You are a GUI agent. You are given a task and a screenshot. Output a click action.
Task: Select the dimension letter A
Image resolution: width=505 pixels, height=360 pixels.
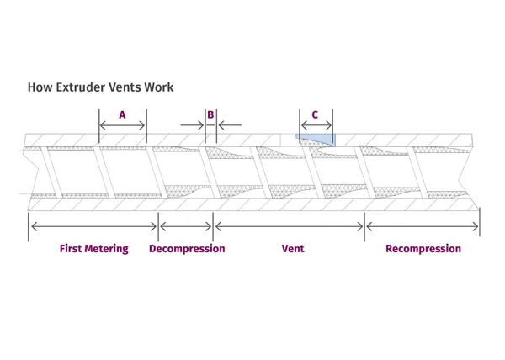point(122,115)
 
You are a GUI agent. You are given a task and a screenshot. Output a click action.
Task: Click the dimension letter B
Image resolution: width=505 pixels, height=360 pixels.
point(210,115)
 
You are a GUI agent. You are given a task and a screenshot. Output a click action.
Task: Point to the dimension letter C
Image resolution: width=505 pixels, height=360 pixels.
point(315,115)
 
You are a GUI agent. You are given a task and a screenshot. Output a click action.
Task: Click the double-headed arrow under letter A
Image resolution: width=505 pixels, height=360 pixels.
point(122,125)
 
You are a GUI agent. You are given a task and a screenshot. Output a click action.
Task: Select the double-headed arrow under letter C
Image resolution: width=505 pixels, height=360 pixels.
point(316,125)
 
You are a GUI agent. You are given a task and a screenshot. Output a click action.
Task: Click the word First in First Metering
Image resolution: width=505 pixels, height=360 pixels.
point(71,249)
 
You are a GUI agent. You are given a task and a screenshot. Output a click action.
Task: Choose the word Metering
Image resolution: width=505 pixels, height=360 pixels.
point(107,249)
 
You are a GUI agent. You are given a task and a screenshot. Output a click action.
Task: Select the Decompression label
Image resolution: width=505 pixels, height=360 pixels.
point(187,249)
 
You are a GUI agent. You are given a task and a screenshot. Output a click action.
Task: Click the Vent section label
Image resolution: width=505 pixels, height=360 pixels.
point(293,249)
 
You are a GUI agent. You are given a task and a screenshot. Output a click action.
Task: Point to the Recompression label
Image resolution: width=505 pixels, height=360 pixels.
point(423,249)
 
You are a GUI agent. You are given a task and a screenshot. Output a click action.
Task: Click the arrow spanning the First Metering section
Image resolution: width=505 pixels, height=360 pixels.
point(94,226)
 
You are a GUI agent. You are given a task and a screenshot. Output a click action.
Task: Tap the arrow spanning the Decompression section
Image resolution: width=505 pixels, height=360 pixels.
point(186,226)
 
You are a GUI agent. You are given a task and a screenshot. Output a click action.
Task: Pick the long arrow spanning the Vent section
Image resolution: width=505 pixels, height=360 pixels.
point(290,226)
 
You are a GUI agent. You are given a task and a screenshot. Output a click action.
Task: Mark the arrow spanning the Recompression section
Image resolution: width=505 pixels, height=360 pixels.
point(423,226)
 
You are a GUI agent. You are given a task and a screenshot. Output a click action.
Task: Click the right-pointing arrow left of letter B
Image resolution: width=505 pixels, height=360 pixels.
point(192,125)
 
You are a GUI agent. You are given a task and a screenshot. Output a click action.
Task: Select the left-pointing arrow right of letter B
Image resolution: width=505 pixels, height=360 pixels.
point(230,125)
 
